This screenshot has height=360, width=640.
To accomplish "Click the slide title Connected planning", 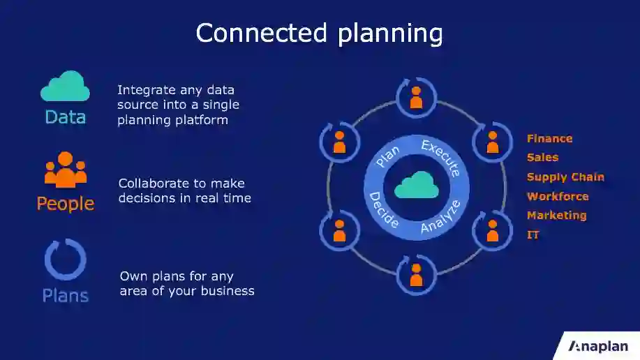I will point(319,33).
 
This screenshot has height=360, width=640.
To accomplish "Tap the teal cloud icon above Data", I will point(65,87).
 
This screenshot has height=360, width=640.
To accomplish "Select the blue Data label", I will point(65,117).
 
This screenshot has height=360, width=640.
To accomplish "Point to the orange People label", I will point(65,204).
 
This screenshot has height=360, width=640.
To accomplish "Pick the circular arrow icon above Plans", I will point(65,260).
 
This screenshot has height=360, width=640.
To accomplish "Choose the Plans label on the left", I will point(65,295).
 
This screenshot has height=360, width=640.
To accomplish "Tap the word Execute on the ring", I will point(440,157).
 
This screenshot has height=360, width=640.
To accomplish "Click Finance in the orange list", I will point(549,139).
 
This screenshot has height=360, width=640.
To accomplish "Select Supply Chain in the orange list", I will point(565,177).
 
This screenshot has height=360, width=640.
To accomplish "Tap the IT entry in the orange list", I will point(533,235).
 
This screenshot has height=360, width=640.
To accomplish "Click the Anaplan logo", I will point(598,346).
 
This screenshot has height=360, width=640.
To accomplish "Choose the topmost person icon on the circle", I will point(417,97).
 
